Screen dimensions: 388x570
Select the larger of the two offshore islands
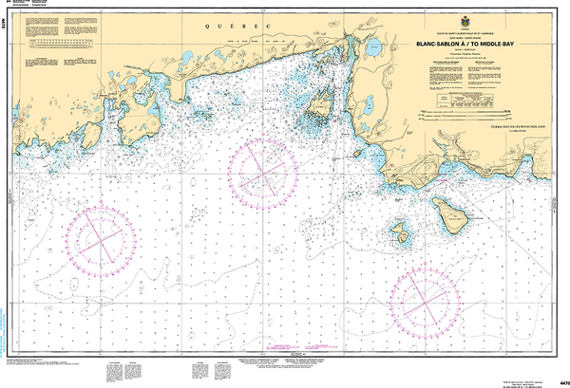pyautogui.click(x=451, y=210)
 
